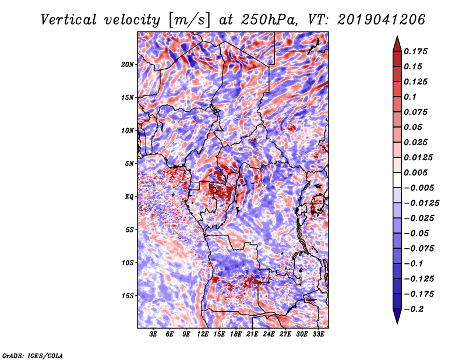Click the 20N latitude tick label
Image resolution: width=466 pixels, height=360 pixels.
point(128,65)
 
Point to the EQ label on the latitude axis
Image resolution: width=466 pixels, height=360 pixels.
point(129,197)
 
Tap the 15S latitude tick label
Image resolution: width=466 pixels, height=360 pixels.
point(128,296)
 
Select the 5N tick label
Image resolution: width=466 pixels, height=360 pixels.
point(129,164)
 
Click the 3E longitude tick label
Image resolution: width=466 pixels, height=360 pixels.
point(153,334)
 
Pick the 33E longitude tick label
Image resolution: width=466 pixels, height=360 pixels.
point(318,334)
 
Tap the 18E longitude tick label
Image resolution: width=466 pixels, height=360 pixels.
point(236,334)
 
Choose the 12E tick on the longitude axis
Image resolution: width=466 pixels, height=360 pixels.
point(203,334)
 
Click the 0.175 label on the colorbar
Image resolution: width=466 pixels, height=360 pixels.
point(415,51)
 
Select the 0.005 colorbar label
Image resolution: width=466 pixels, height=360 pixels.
point(415,172)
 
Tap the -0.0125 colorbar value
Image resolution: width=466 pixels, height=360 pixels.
point(421,203)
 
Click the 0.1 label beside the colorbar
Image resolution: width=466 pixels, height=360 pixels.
point(410,97)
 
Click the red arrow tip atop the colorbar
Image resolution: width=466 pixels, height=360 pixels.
point(397,36)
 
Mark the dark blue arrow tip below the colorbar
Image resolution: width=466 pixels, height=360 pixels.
point(397,323)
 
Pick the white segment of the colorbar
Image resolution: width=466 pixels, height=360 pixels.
point(397,180)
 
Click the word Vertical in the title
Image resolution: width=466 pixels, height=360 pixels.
point(69,20)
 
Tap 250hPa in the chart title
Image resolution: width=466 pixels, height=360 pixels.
point(269,20)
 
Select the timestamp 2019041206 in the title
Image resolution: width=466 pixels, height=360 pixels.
point(382,20)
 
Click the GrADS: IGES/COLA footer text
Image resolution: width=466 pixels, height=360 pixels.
point(33,356)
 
